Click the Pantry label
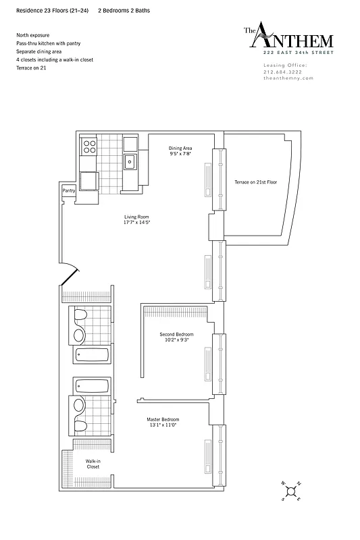pyautogui.click(x=68, y=191)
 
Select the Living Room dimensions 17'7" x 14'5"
pyautogui.click(x=136, y=222)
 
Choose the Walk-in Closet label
pyautogui.click(x=93, y=464)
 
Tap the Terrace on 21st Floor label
pyautogui.click(x=256, y=182)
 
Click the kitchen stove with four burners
pyautogui.click(x=89, y=144)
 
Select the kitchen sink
pyautogui.click(x=130, y=162)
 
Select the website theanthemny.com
pyautogui.click(x=288, y=78)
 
